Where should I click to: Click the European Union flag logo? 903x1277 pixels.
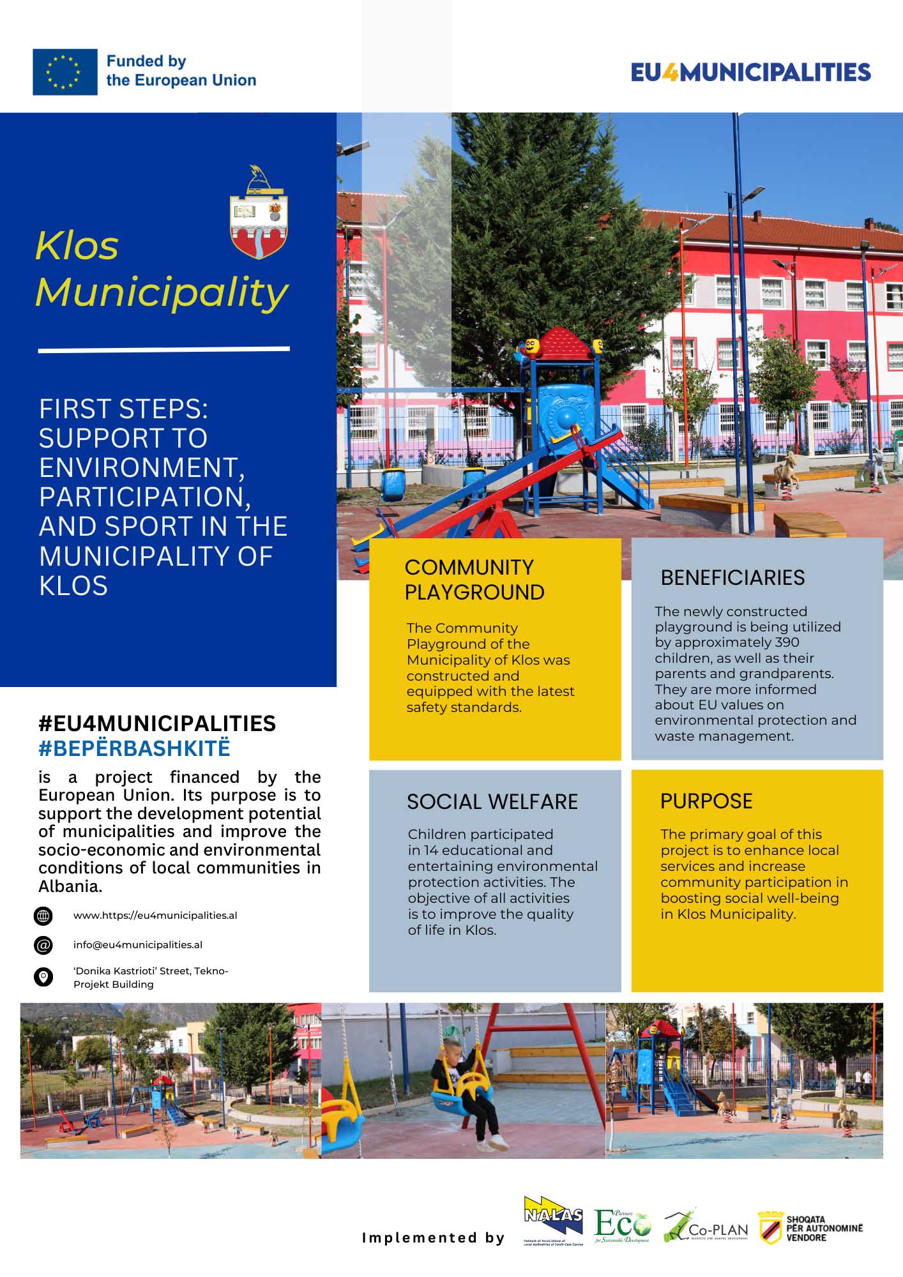pos(65,72)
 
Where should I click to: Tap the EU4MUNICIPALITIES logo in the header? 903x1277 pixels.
pos(750,72)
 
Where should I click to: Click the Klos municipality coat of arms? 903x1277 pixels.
pos(259,213)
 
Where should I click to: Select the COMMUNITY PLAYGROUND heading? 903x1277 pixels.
pos(474,580)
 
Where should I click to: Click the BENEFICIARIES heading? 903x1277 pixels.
pos(732,578)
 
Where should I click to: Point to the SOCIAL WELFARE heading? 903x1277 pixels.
pos(492,802)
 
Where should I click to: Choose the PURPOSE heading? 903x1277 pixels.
pos(706,801)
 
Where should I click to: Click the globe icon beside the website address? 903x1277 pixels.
pos(43,916)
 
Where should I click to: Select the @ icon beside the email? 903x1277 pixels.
pos(43,945)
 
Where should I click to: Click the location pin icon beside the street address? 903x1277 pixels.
pos(43,977)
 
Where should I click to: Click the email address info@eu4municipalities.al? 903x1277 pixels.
pos(138,945)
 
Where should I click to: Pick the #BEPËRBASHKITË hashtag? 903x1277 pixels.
pos(134,748)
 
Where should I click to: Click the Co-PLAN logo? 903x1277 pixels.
pos(706,1227)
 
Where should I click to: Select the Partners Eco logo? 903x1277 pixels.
pos(622,1226)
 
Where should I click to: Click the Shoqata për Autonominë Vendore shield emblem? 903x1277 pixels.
pos(770,1227)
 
